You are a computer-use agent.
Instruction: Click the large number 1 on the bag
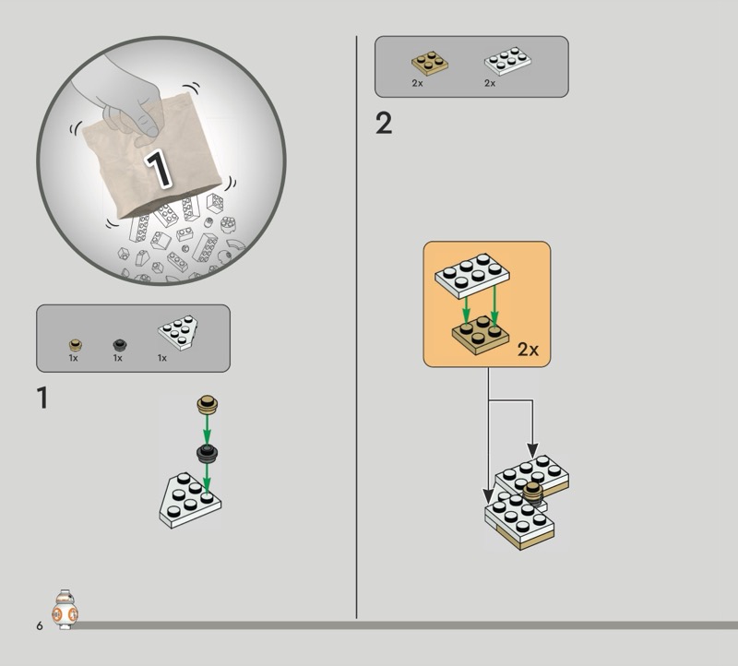pyautogui.click(x=158, y=169)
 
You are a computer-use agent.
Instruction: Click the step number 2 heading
pyautogui.click(x=384, y=124)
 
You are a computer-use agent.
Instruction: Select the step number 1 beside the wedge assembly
pyautogui.click(x=42, y=398)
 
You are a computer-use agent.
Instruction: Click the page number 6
pyautogui.click(x=40, y=625)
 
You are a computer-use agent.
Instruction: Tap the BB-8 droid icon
pyautogui.click(x=65, y=609)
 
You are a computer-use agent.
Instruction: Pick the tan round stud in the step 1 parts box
pyautogui.click(x=76, y=346)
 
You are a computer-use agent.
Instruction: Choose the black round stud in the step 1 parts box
pyautogui.click(x=120, y=345)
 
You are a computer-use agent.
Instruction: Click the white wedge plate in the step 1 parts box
pyautogui.click(x=178, y=332)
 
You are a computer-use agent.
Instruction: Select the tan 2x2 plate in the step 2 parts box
pyautogui.click(x=430, y=64)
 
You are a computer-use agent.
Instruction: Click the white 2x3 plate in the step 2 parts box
pyautogui.click(x=508, y=61)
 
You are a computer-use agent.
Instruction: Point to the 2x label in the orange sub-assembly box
pyautogui.click(x=528, y=350)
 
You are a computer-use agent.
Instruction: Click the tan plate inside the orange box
pyautogui.click(x=481, y=335)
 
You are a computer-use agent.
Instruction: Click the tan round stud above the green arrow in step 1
pyautogui.click(x=207, y=405)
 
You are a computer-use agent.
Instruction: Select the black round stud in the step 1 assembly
pyautogui.click(x=207, y=453)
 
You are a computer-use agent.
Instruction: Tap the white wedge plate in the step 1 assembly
pyautogui.click(x=190, y=500)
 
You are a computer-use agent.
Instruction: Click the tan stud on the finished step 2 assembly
pyautogui.click(x=533, y=494)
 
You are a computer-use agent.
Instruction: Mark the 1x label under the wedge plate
pyautogui.click(x=162, y=358)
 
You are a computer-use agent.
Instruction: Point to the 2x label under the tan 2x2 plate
pyautogui.click(x=417, y=83)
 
